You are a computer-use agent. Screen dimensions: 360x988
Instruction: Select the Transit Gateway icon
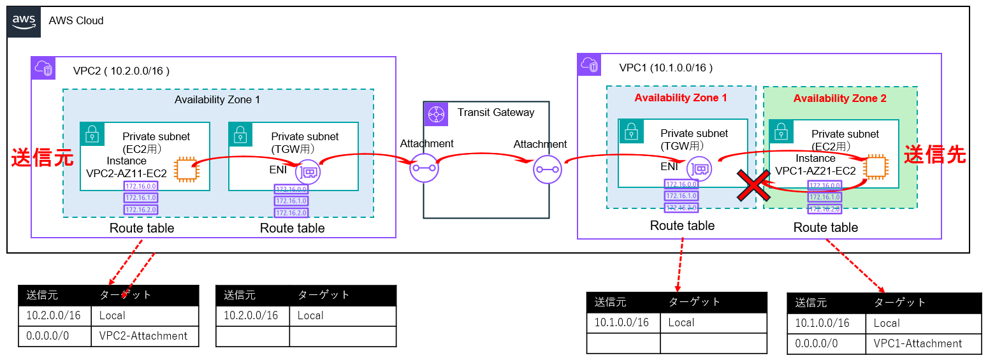[x=438, y=112]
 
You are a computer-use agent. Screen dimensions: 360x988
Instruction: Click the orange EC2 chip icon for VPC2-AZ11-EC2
[x=187, y=168]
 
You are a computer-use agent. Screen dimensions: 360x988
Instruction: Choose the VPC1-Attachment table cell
[x=918, y=343]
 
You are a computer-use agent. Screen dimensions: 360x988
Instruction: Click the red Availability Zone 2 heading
[x=839, y=99]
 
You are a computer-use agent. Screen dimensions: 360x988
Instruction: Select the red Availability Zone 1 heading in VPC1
[x=681, y=98]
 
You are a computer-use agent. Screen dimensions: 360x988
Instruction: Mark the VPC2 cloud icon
[x=45, y=68]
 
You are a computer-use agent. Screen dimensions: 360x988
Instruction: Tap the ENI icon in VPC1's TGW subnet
[x=700, y=169]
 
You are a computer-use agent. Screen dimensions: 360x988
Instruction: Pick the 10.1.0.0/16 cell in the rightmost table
[x=822, y=323]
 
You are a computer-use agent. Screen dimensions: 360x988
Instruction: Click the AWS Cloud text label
[x=76, y=20]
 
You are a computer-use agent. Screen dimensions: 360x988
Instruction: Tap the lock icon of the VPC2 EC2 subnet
[x=92, y=133]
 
